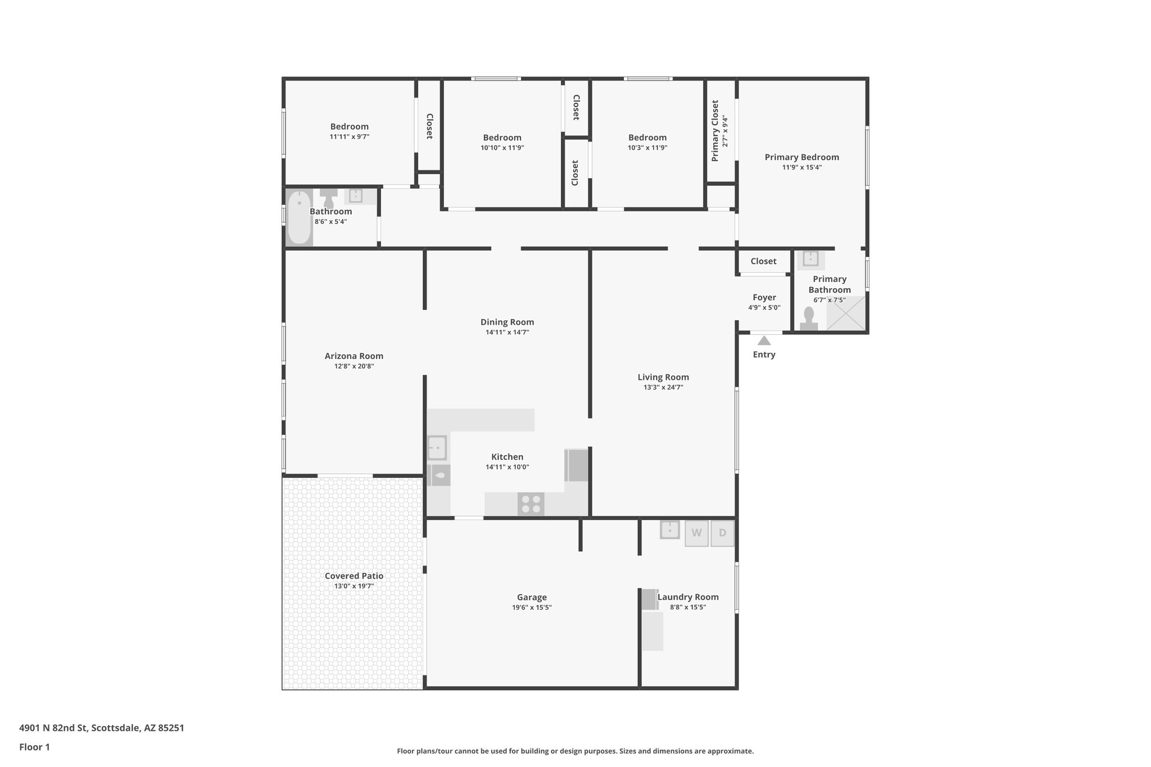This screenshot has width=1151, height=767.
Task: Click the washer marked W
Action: pos(696,533)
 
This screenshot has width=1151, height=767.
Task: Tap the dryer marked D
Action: pos(722,533)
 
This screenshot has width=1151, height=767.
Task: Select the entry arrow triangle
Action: pos(764,341)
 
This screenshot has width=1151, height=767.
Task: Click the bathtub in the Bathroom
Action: pos(299,217)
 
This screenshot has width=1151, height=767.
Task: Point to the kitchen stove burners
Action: pos(531,503)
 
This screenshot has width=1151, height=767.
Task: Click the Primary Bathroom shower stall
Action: pos(846,313)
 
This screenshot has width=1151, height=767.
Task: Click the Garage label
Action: pos(532,597)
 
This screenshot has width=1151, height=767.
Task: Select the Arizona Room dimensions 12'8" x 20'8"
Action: pos(354,366)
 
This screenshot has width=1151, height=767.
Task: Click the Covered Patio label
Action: pos(354,576)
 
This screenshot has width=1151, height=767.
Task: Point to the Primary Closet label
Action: pos(715,131)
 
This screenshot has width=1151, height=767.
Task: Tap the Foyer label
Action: pos(764,297)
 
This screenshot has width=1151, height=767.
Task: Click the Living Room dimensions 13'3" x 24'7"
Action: pos(663,387)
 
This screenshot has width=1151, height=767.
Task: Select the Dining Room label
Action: pos(507,322)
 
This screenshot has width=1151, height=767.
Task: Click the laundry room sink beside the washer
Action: pos(669,530)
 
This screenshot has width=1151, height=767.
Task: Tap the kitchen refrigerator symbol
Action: pos(577,465)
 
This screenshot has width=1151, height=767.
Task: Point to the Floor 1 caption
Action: pos(34,747)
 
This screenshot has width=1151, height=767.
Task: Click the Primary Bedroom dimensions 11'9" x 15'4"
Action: pos(802,167)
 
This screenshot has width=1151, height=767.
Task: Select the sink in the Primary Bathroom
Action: pos(810,259)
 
